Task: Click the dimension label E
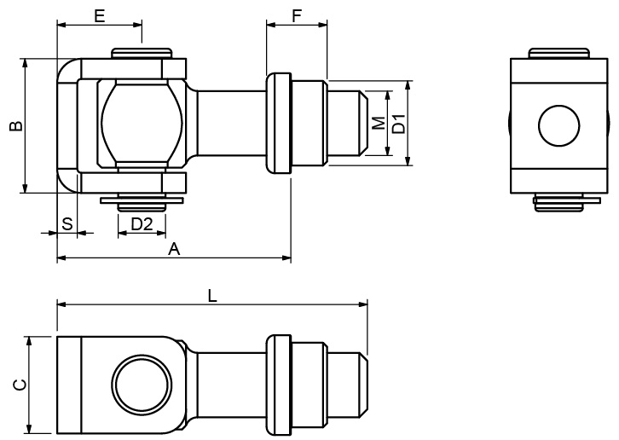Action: [100, 16]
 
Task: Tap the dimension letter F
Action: [297, 16]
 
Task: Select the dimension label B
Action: [16, 125]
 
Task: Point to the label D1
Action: [400, 124]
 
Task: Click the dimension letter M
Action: [379, 123]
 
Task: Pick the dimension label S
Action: [67, 223]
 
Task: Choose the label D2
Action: [142, 224]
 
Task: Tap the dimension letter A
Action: [174, 249]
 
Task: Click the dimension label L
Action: [212, 295]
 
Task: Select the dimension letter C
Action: [20, 385]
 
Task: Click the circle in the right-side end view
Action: [558, 125]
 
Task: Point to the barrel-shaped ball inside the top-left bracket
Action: [142, 124]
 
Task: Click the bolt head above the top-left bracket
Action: [142, 54]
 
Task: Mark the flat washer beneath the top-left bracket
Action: [142, 200]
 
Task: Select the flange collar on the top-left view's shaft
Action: [279, 123]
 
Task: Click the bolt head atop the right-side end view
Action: [558, 54]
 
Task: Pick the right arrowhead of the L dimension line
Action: [362, 304]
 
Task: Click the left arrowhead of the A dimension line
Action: [62, 258]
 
